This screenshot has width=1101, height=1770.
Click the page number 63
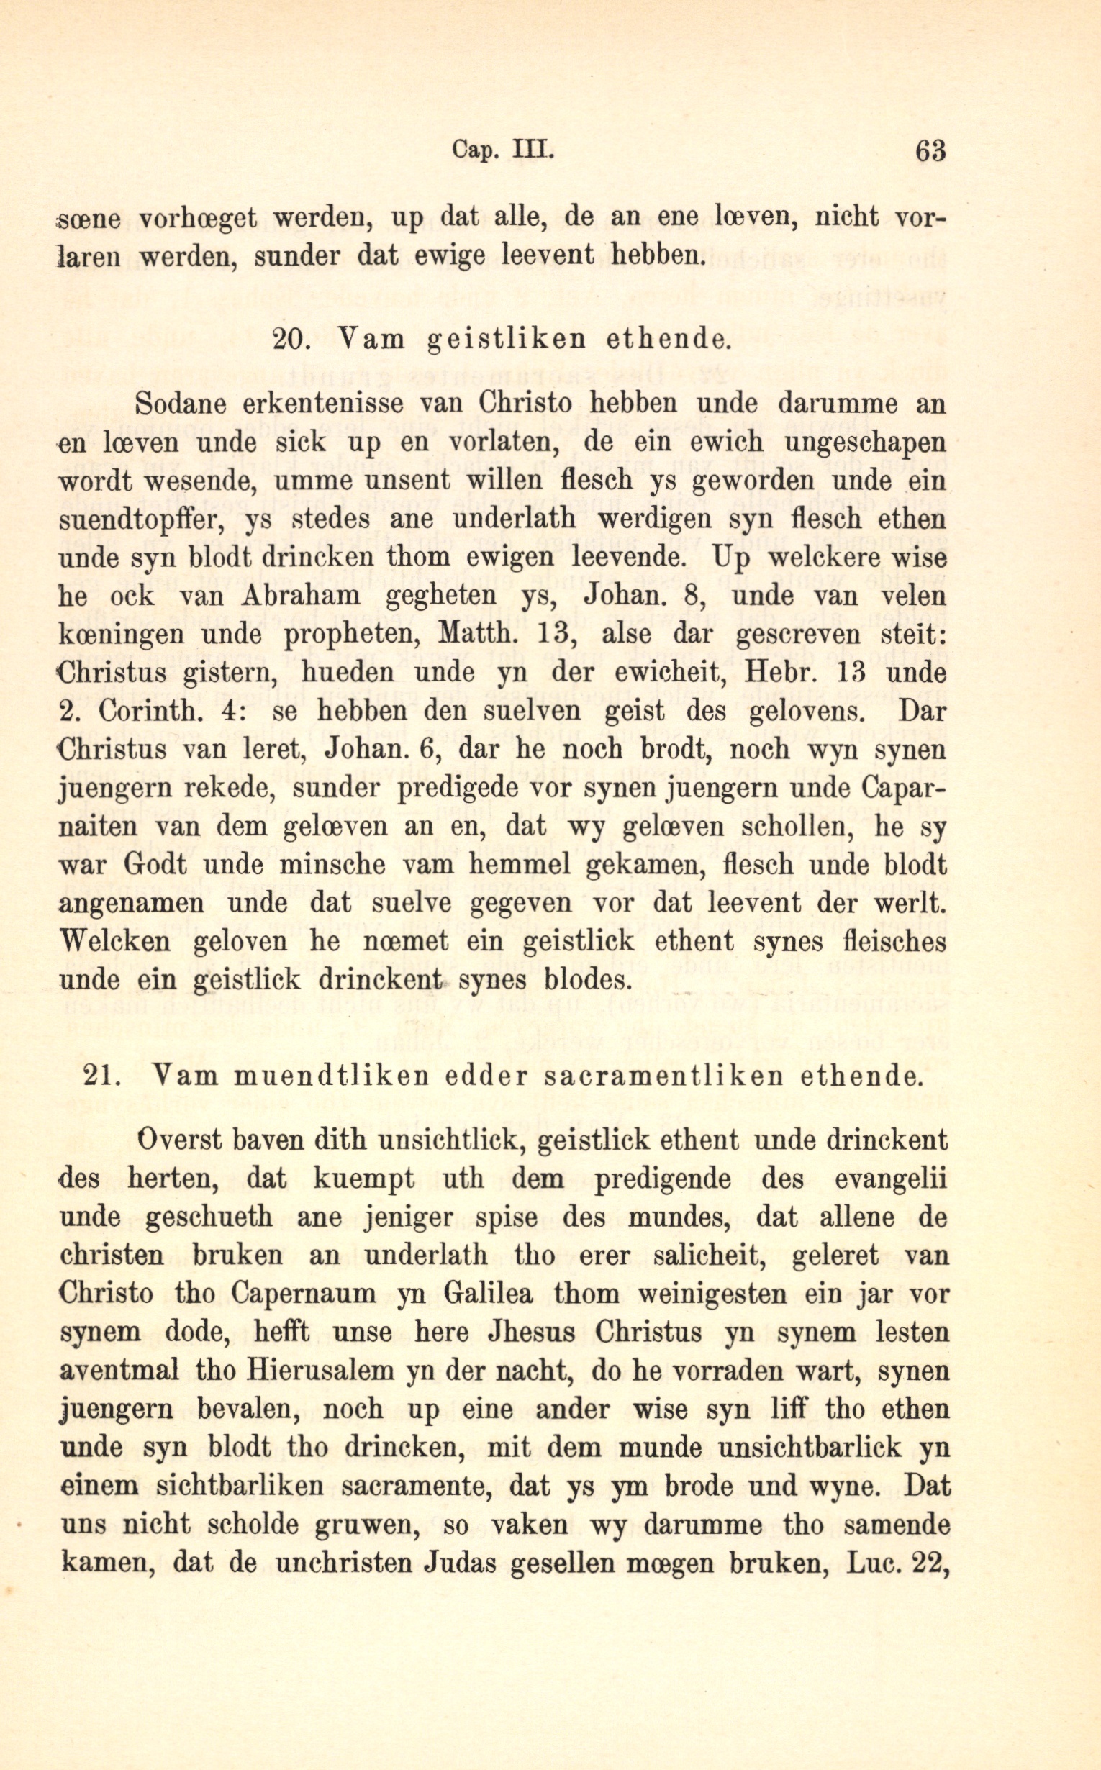click(930, 150)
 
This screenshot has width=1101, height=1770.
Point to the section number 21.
click(102, 1076)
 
